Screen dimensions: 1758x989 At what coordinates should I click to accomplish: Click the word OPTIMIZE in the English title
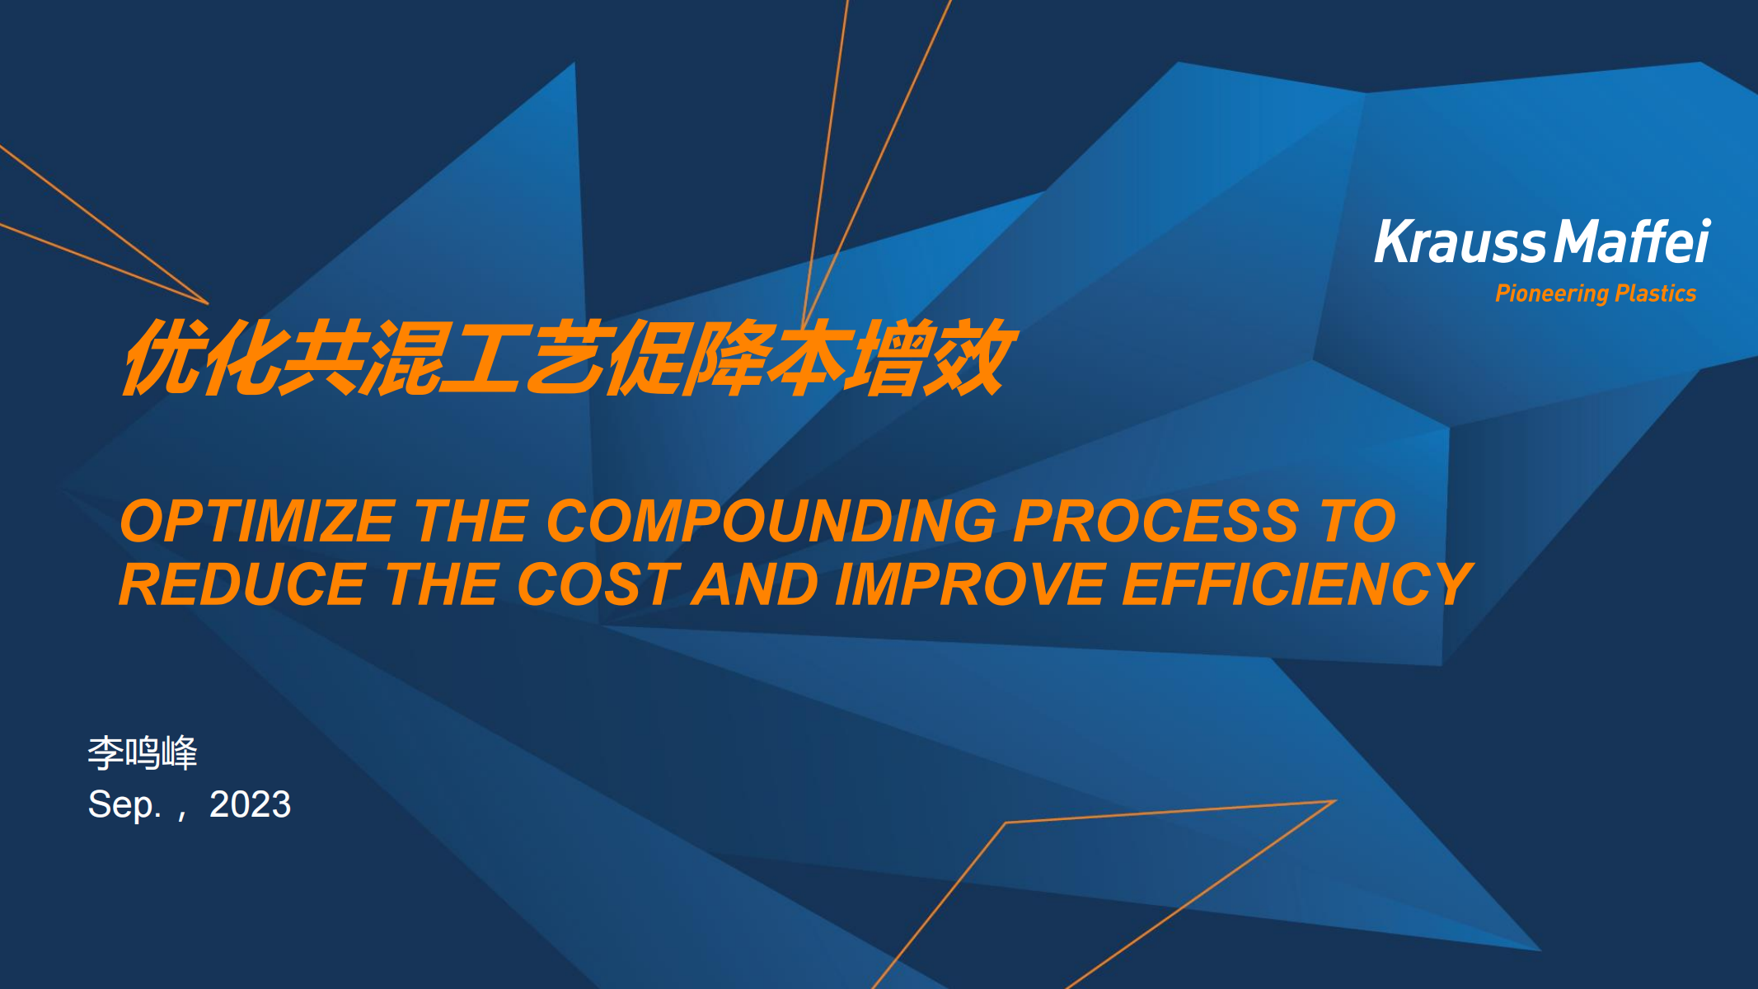tap(257, 521)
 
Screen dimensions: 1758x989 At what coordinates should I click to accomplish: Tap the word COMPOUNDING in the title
tap(771, 521)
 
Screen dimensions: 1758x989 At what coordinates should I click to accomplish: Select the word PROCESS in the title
tap(1156, 521)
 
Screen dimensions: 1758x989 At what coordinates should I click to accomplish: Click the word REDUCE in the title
tap(242, 584)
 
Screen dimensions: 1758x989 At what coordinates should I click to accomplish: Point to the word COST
tap(598, 584)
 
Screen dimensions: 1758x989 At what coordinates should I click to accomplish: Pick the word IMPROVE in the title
tap(969, 584)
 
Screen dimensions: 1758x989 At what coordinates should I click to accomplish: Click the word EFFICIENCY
tap(1298, 584)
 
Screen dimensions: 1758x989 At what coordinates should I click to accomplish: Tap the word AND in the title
tap(756, 584)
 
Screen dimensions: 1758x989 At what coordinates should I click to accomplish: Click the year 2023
tap(250, 804)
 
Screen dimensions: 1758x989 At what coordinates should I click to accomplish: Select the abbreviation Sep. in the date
tap(124, 805)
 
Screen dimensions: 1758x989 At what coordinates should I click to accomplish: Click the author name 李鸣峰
tap(143, 752)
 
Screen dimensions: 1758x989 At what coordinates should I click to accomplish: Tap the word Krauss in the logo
tap(1460, 242)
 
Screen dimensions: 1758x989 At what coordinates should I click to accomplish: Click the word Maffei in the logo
tap(1633, 241)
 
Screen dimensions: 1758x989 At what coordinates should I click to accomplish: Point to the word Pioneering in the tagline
tap(1552, 294)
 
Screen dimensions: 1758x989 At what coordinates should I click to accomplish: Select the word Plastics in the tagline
tap(1656, 293)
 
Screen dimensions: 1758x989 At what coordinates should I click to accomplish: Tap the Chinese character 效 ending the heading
tap(971, 357)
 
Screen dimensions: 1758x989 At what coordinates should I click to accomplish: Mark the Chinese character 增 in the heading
tap(892, 357)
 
